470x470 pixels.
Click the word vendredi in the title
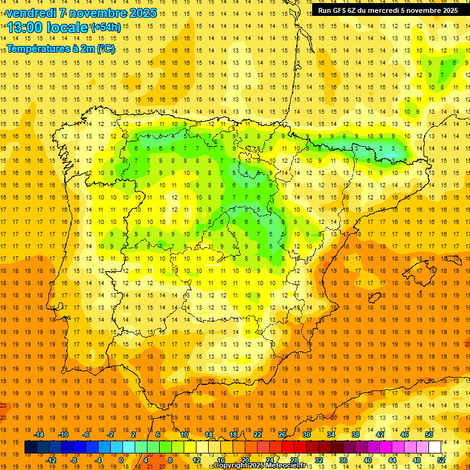coord(32,13)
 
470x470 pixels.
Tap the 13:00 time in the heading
coord(26,28)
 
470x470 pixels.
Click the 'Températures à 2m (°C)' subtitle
coord(60,48)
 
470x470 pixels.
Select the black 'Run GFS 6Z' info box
coord(387,10)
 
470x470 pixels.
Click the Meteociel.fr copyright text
coord(259,466)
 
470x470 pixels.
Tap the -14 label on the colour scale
coord(40,435)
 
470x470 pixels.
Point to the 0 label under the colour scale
coord(121,460)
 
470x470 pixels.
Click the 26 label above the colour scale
coord(282,435)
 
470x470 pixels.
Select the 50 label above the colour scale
coord(429,435)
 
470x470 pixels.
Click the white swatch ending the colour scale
coord(435,447)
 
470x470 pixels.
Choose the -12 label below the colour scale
coord(51,460)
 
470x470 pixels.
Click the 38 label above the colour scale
coord(356,435)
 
